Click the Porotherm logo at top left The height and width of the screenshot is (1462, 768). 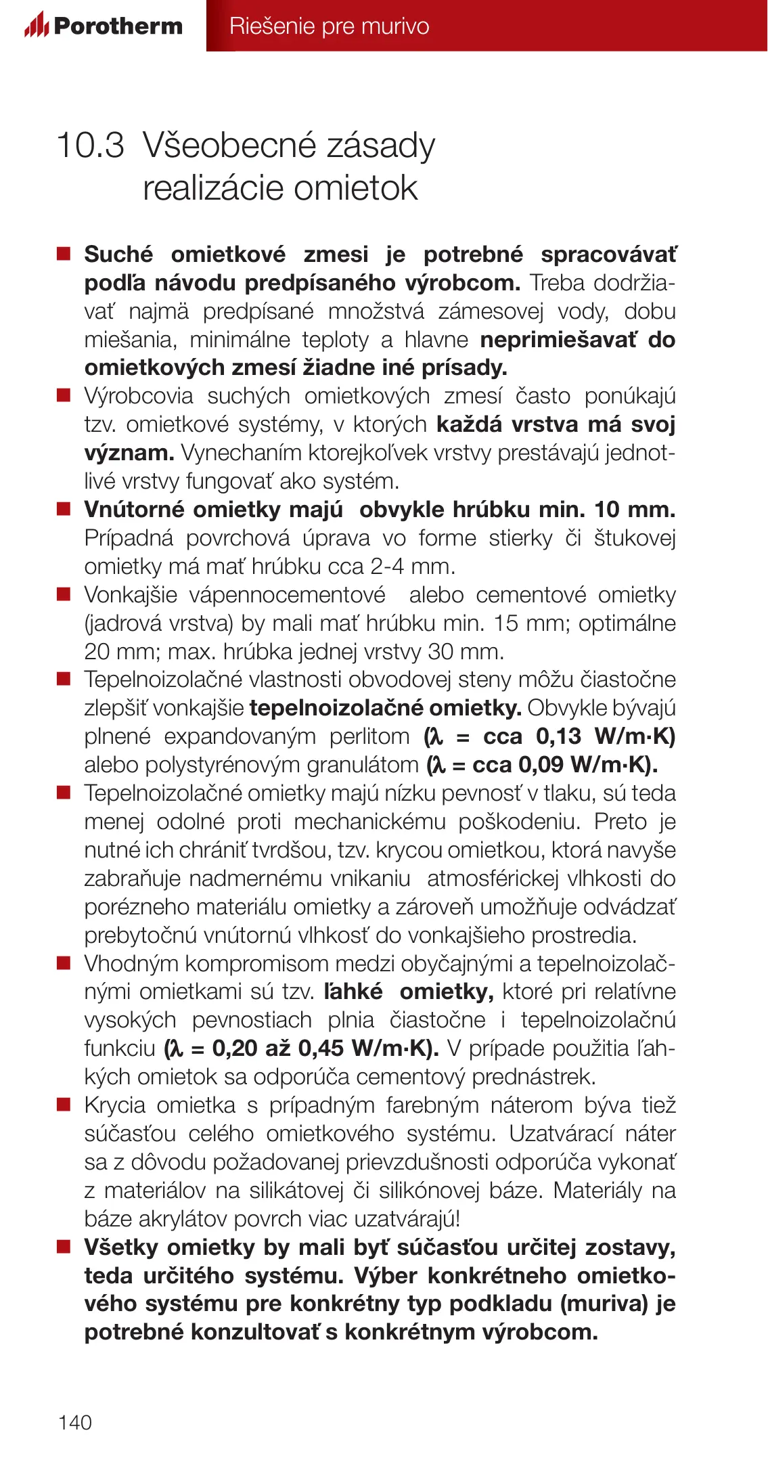pos(104,26)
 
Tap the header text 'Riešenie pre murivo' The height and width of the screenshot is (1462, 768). pos(329,26)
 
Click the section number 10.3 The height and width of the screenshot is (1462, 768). pos(91,146)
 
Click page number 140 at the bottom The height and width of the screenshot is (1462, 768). pos(75,1422)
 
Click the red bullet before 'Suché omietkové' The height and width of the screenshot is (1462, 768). pos(64,254)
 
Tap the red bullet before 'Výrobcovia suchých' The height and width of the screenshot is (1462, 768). pos(64,395)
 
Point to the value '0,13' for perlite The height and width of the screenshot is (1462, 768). pos(558,736)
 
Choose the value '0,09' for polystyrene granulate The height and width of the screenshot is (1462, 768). pos(541,764)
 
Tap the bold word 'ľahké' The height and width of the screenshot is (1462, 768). pos(353,991)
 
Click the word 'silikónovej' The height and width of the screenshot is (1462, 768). pos(429,1190)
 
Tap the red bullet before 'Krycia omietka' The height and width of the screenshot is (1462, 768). pos(64,1105)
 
